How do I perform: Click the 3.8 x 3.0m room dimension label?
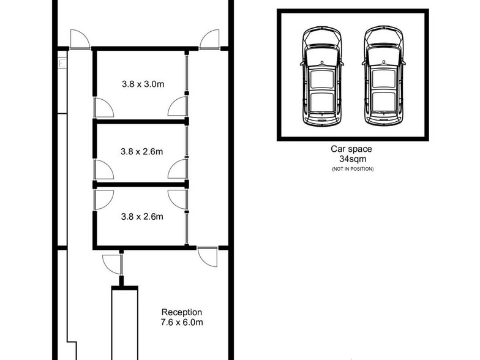tap(143, 84)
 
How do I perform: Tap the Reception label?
tap(182, 312)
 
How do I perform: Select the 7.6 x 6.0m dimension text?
tap(182, 322)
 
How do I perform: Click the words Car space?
tap(351, 149)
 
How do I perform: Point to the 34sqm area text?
tap(353, 159)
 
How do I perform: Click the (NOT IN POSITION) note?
tap(353, 169)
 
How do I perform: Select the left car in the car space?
tap(322, 76)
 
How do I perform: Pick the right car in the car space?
tap(383, 76)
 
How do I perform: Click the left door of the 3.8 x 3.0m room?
tap(103, 107)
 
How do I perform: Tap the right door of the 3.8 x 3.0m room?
tap(178, 107)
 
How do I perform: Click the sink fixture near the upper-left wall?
tap(62, 64)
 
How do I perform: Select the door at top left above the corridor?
tap(80, 39)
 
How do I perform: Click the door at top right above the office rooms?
tap(209, 39)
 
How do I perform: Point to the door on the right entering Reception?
tap(208, 257)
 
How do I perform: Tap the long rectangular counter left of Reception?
tap(125, 323)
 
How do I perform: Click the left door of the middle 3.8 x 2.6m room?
tap(103, 169)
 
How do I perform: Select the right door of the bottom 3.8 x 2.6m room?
tap(178, 200)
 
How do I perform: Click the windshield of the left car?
tap(322, 56)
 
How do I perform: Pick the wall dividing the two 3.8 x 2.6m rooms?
tap(141, 184)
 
